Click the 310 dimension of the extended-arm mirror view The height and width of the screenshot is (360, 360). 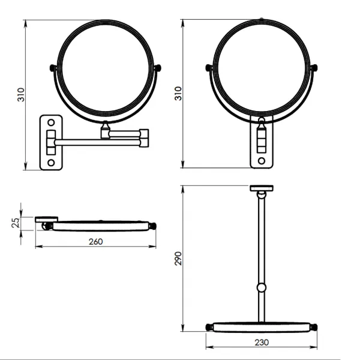21,95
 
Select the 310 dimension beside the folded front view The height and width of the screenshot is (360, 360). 178,94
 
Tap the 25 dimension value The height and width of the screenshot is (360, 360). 16,223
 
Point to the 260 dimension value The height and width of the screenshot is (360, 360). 96,242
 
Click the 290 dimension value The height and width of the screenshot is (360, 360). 178,259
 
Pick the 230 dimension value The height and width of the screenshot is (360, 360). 262,343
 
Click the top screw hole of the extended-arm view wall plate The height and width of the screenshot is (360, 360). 51,122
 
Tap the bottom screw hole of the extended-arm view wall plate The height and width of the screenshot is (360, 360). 51,163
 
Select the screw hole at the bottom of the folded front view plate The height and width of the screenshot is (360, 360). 262,161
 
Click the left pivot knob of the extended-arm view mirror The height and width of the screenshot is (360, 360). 53,68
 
